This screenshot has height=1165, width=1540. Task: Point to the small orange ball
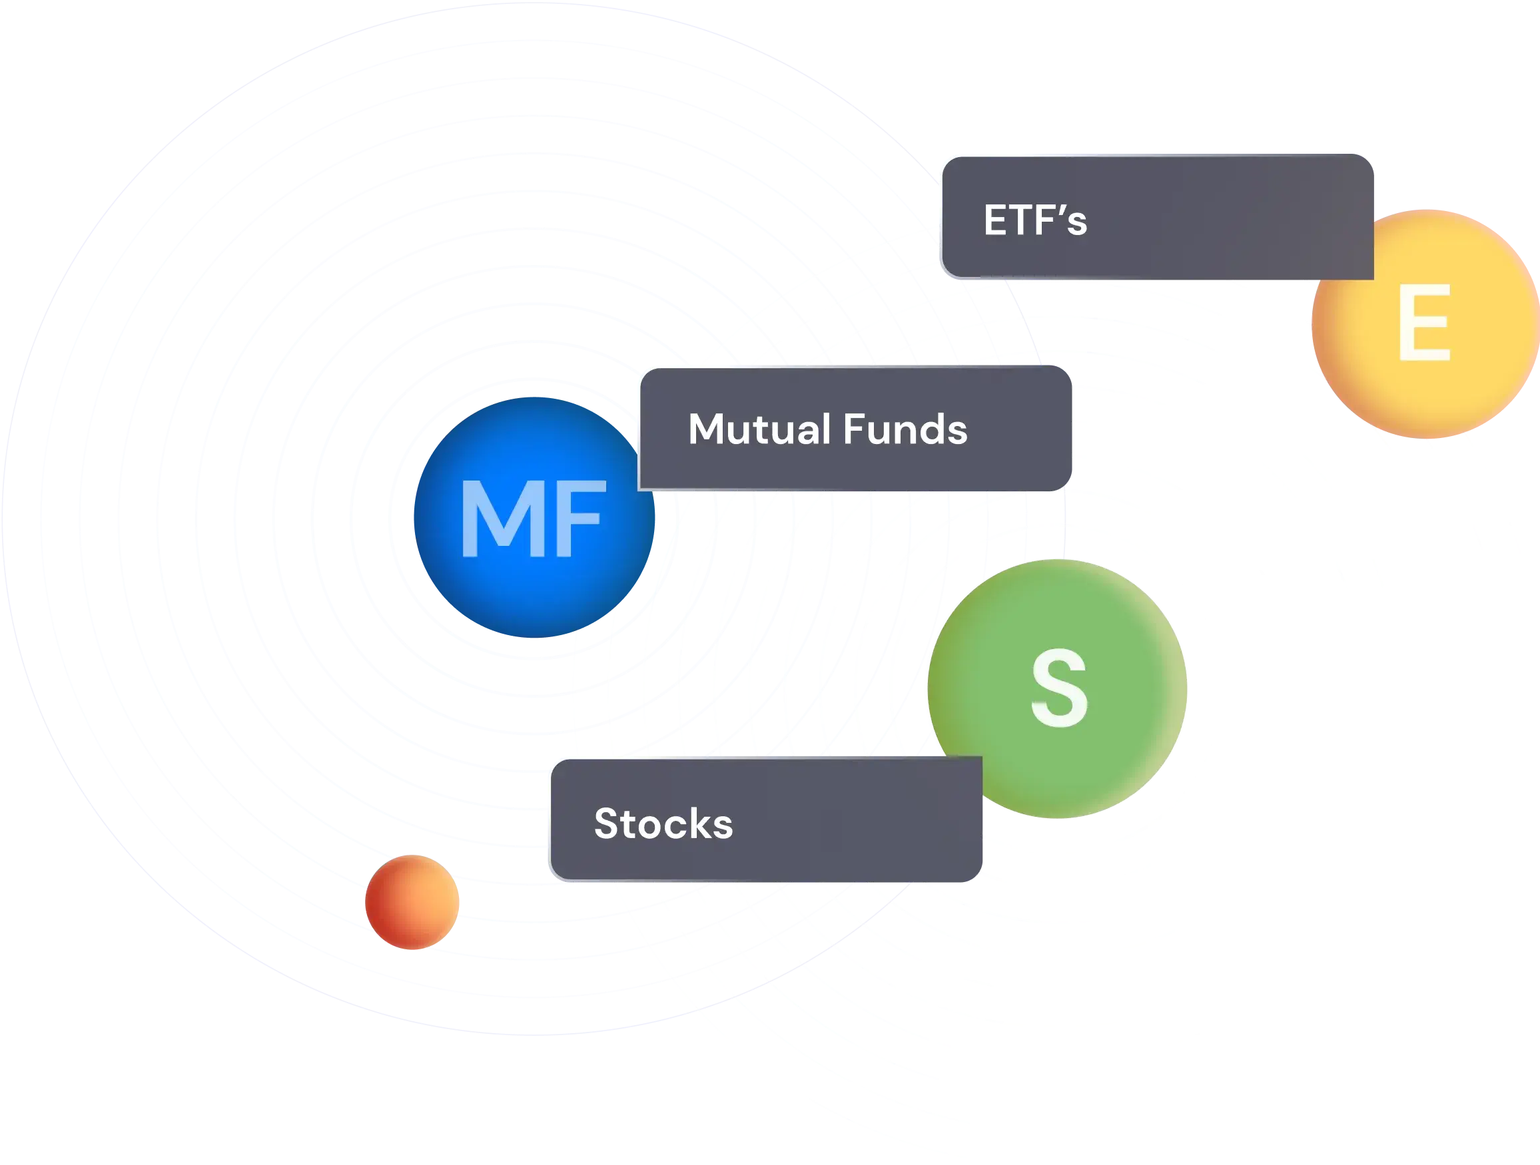coord(412,903)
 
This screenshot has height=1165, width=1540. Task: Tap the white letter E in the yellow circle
coord(1423,324)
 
